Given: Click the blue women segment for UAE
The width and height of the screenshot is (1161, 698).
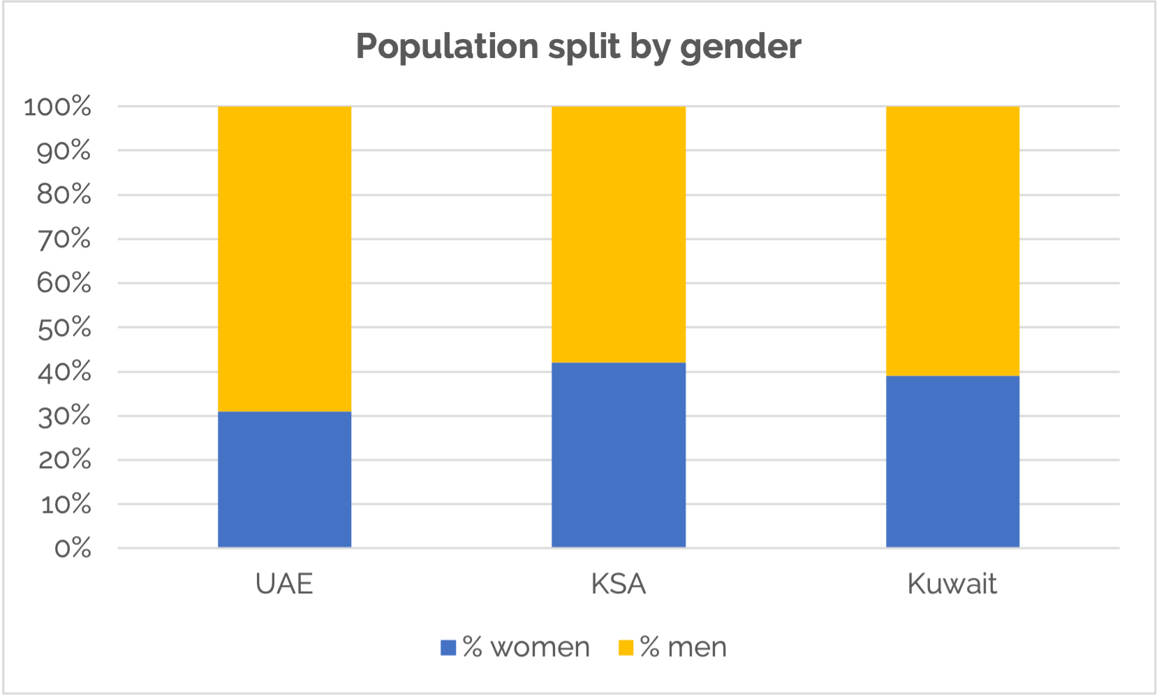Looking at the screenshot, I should point(284,479).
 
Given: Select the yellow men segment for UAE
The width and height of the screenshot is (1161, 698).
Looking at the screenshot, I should point(284,259).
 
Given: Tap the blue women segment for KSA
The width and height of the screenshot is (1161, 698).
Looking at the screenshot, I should point(619,455).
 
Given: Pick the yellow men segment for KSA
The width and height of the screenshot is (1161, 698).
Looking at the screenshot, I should point(619,234).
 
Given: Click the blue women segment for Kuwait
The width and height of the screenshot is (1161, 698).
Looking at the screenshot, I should point(952,462).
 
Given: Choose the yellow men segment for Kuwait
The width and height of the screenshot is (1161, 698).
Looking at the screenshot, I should point(952,241).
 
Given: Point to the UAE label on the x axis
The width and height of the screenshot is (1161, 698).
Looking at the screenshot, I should point(284,584).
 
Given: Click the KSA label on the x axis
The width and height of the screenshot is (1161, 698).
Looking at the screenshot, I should point(619,584).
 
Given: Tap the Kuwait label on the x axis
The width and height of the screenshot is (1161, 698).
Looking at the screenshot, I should point(952,584).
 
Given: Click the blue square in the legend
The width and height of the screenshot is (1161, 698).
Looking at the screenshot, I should point(448,648).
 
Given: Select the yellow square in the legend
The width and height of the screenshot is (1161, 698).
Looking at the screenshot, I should point(626,648).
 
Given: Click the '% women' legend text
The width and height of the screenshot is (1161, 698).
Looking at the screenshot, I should point(526,648).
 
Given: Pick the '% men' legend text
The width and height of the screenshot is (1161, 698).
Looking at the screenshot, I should point(683,648).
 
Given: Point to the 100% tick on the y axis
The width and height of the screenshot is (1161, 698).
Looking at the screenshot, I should point(57,107).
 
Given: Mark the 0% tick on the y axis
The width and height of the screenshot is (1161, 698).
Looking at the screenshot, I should point(73,548).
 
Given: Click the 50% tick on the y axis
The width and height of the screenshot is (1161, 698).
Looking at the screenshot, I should point(64,328).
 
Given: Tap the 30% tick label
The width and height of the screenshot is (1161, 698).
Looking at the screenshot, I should point(64,416).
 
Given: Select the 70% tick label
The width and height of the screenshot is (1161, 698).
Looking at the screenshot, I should point(64,240).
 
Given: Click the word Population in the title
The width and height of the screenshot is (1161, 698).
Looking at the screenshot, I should point(448,47).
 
